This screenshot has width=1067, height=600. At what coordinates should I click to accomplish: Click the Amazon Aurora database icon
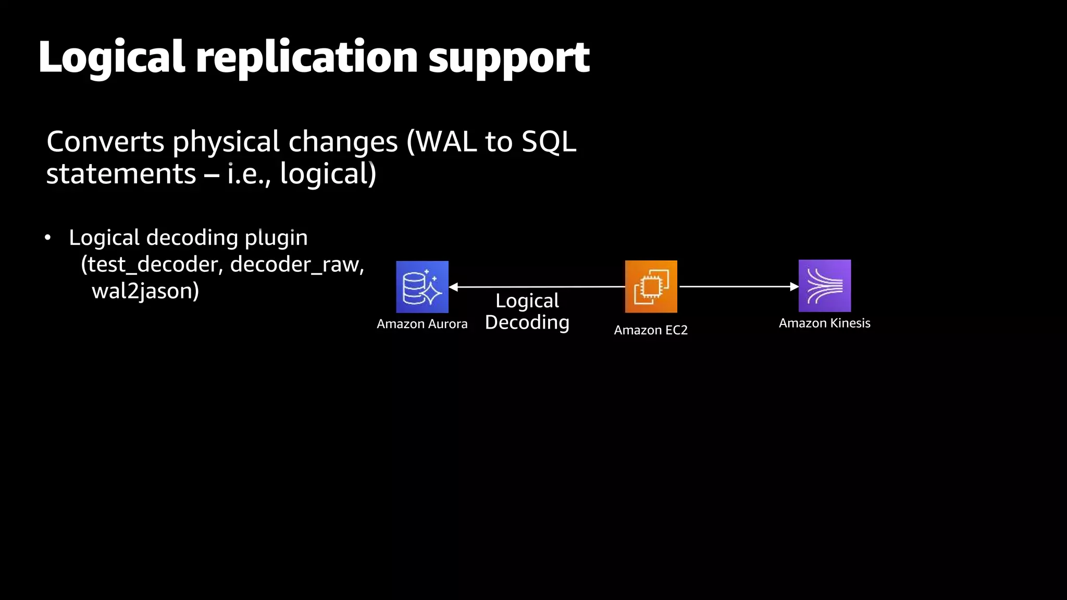[422, 286]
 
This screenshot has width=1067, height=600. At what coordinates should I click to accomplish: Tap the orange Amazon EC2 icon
[651, 286]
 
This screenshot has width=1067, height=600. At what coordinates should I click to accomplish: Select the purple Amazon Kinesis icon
[824, 285]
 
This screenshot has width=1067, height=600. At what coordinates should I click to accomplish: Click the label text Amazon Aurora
[422, 324]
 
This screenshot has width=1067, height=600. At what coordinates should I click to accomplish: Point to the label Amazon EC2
[651, 330]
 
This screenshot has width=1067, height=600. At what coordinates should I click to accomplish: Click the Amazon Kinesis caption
[824, 323]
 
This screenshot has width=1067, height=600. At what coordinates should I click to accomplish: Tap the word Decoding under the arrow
[527, 322]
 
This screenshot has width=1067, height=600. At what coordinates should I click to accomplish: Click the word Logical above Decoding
[527, 301]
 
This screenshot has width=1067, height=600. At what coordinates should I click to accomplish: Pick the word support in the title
[508, 58]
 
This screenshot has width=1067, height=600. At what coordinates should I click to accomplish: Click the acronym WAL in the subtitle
[446, 142]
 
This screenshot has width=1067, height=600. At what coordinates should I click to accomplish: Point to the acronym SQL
[549, 142]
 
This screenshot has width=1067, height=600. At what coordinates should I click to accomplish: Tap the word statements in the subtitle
[121, 173]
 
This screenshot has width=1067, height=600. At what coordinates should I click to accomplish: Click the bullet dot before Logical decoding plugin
[48, 238]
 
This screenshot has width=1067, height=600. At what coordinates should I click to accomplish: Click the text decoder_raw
[294, 265]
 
